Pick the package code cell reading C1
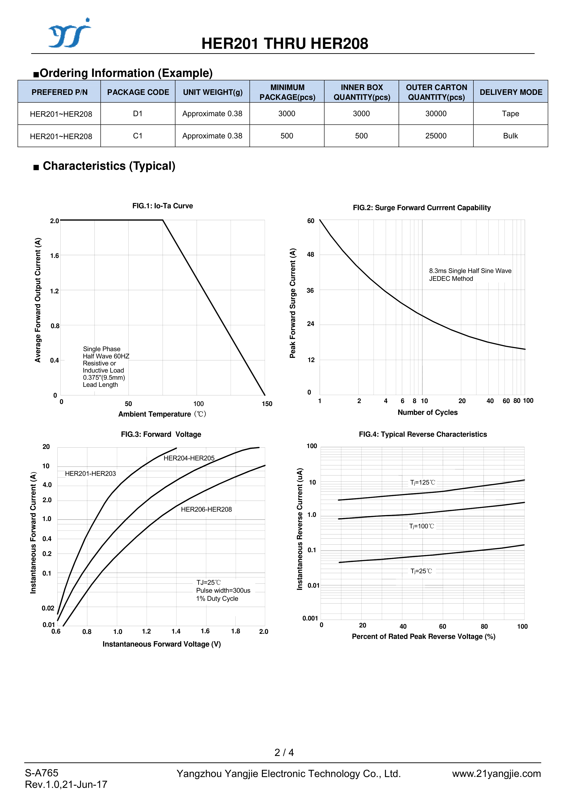pyautogui.click(x=138, y=136)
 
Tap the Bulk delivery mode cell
pyautogui.click(x=510, y=136)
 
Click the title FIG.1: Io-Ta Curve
pyautogui.click(x=162, y=206)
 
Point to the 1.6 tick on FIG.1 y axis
pyautogui.click(x=55, y=256)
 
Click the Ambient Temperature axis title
pyautogui.click(x=162, y=414)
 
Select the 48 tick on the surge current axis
pyautogui.click(x=310, y=254)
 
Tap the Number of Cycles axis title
pyautogui.click(x=427, y=412)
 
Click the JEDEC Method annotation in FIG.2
pyautogui.click(x=451, y=279)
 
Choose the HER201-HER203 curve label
pyautogui.click(x=90, y=474)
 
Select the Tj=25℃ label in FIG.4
pyautogui.click(x=421, y=571)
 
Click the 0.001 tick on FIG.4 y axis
pyautogui.click(x=310, y=618)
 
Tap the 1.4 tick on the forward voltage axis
pyautogui.click(x=176, y=631)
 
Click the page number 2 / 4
pyautogui.click(x=284, y=753)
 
